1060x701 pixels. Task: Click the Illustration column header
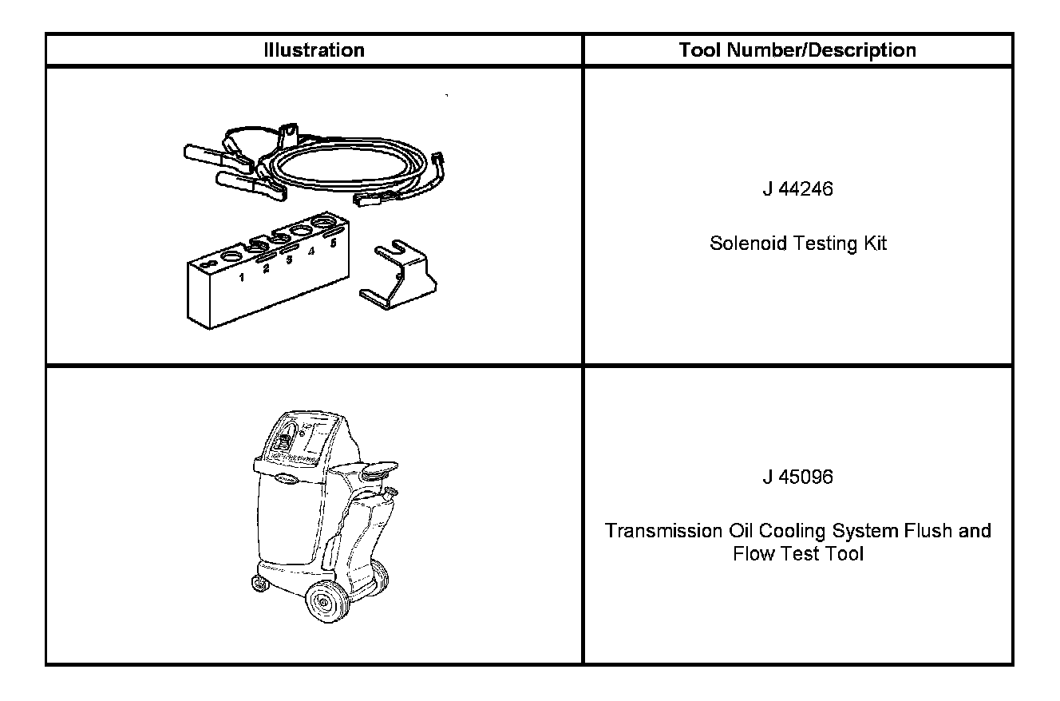pos(314,50)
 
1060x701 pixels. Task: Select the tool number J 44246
pos(797,190)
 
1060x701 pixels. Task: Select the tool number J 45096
pos(797,477)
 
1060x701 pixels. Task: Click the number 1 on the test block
pos(241,279)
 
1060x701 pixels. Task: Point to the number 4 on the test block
pos(311,251)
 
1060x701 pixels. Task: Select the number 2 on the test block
pos(266,269)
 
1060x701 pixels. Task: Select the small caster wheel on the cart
pos(259,583)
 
